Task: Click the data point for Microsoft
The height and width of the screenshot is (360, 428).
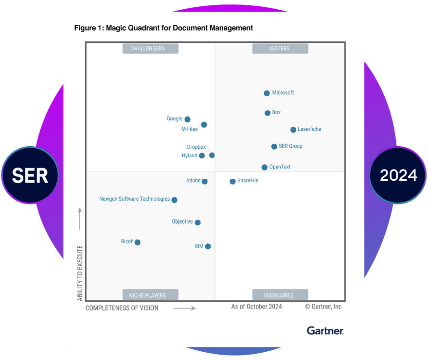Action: coord(267,93)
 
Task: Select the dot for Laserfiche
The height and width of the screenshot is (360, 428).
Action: coord(293,130)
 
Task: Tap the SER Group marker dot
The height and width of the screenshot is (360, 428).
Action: coord(274,146)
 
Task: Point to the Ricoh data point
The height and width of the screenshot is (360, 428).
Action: coord(138,242)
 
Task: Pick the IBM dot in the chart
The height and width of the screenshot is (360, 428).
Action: coord(208,246)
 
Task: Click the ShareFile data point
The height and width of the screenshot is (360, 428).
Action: coord(232,182)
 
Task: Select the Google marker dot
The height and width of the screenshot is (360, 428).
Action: coord(188,120)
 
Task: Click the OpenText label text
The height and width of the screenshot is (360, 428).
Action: coord(280,167)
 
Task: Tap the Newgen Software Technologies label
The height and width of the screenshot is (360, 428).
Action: coord(135,199)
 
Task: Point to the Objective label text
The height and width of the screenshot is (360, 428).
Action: coord(182,222)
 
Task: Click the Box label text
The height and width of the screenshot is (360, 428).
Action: coord(276,113)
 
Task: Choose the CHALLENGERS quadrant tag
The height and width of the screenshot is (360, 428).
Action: coord(150,49)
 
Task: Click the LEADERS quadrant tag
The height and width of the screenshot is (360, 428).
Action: coord(280,49)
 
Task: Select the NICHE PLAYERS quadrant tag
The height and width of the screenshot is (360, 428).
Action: coord(150,295)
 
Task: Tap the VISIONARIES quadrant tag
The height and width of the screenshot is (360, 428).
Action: coord(280,295)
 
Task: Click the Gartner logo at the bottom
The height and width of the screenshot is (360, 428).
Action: coord(325,331)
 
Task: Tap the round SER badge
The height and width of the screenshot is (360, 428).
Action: coord(30,175)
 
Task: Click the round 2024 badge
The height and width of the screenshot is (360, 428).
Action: coord(398,175)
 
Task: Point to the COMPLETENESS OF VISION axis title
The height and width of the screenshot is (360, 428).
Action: coord(122,308)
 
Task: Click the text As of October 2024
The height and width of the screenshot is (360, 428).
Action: coord(256,307)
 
